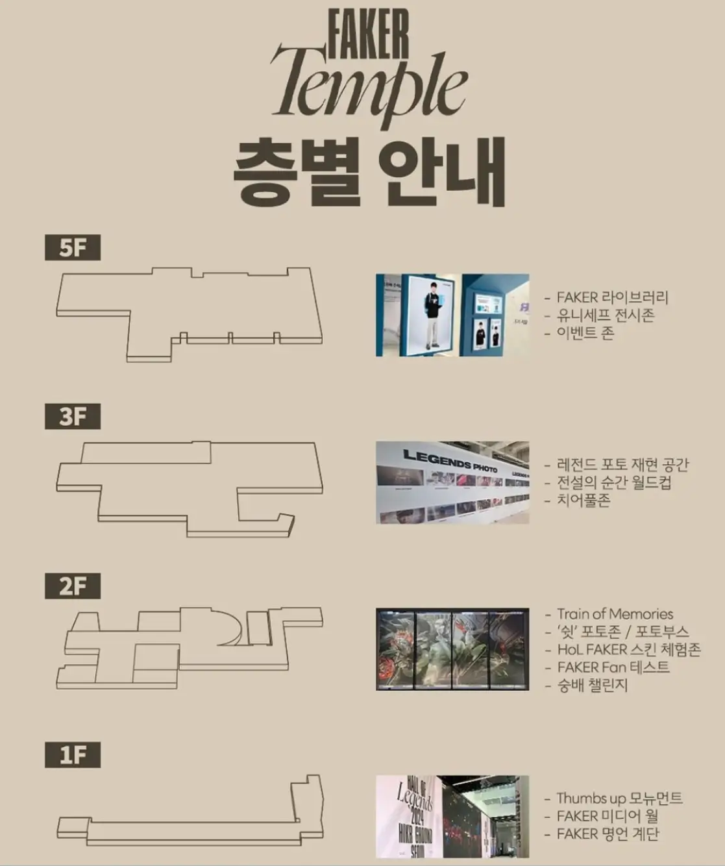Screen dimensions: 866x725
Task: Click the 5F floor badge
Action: tap(72, 248)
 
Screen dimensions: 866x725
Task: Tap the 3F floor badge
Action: tap(72, 417)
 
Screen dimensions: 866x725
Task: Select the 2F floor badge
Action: tap(72, 586)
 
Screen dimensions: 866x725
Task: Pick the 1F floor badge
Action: tap(72, 755)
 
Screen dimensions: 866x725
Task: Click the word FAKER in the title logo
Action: tap(368, 34)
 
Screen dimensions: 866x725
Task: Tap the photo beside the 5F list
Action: tap(452, 315)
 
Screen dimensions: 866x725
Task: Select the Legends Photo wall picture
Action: tap(452, 482)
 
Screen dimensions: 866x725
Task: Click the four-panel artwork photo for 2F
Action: tap(452, 649)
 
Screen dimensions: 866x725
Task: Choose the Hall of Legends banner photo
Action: tap(452, 816)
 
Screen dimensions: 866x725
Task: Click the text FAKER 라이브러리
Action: tap(612, 297)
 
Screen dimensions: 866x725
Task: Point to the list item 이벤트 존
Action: tap(585, 333)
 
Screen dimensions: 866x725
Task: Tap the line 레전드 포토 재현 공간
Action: tap(622, 465)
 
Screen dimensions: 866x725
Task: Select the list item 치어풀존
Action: tap(584, 501)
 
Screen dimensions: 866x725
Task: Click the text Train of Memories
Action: tap(615, 614)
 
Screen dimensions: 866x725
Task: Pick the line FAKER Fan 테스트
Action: tap(613, 667)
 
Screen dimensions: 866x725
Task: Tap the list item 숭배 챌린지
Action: tap(592, 685)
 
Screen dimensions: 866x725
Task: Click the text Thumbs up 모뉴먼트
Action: tap(619, 798)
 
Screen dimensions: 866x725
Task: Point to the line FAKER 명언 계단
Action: tap(608, 834)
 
